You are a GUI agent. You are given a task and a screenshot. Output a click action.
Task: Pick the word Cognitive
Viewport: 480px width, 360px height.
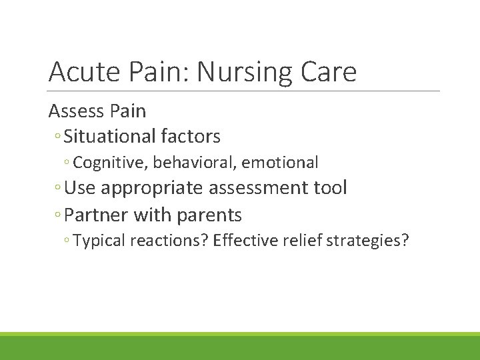pyautogui.click(x=111, y=162)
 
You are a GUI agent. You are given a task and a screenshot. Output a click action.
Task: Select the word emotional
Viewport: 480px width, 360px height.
pyautogui.click(x=280, y=162)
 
